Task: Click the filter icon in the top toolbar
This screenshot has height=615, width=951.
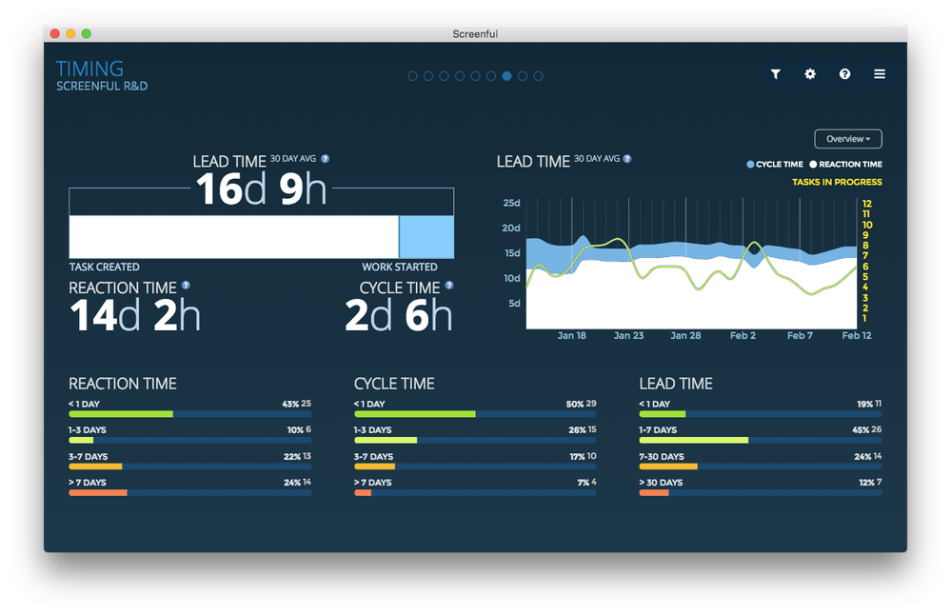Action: coord(776,74)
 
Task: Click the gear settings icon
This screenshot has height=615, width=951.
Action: coord(810,74)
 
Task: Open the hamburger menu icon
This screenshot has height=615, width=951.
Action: coord(880,74)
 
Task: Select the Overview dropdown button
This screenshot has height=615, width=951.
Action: coord(848,139)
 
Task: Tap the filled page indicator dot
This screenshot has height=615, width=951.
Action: coord(506,76)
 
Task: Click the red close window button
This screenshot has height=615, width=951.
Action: coord(55,33)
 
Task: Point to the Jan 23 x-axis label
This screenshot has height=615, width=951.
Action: coord(628,336)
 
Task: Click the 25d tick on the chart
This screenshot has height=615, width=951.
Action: coord(511,203)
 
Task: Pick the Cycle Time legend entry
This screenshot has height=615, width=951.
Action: coord(775,165)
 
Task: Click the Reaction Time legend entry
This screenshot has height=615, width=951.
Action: coord(846,165)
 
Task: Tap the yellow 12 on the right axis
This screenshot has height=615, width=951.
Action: coord(866,204)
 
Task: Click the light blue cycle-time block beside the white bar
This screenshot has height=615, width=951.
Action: coord(426,237)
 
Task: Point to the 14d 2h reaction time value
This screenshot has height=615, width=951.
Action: coord(135,315)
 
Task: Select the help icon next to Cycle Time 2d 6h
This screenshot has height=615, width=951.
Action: coord(448,285)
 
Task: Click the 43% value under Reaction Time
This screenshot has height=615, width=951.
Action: coord(290,404)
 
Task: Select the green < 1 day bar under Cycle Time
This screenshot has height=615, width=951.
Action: coord(414,414)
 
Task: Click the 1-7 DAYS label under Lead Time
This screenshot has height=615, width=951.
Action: coord(658,430)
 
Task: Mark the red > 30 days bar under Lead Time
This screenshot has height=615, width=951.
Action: coord(654,493)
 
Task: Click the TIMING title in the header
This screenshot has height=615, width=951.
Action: coord(89,69)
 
